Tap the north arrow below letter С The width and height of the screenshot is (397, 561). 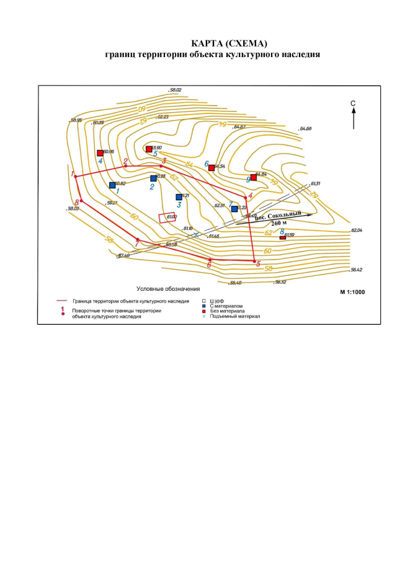click(353, 118)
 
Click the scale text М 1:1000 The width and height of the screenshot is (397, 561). click(354, 291)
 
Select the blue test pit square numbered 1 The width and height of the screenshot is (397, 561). click(112, 185)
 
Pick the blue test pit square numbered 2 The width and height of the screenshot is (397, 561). click(153, 179)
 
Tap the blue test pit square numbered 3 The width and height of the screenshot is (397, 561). click(179, 197)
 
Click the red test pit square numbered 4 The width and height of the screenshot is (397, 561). click(100, 152)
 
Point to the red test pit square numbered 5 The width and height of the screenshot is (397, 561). click(148, 149)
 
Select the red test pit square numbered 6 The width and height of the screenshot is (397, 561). click(212, 168)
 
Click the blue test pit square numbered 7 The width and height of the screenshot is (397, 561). click(234, 209)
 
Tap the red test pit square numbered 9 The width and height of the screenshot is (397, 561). click(253, 177)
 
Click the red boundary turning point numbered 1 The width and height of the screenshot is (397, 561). click(76, 177)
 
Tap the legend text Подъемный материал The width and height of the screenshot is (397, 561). click(236, 316)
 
